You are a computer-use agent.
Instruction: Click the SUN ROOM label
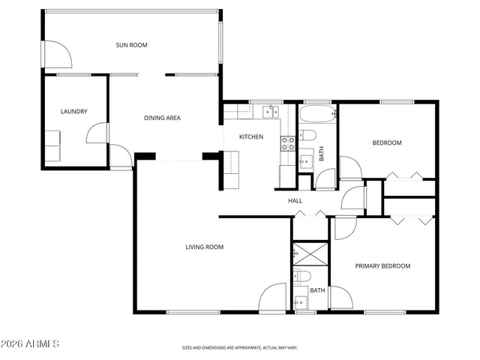[131, 45]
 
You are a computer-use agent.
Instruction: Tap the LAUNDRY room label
[73, 112]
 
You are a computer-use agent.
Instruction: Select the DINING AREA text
[162, 118]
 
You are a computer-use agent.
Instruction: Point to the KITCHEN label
[250, 136]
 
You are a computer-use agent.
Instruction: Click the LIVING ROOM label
[205, 247]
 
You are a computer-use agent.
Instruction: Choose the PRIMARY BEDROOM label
[382, 265]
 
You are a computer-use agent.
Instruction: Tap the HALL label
[295, 200]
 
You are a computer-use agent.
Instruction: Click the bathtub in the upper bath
[318, 115]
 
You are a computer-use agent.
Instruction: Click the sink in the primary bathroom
[301, 303]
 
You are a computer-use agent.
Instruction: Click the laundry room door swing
[97, 135]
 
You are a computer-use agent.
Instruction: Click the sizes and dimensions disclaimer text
[240, 348]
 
